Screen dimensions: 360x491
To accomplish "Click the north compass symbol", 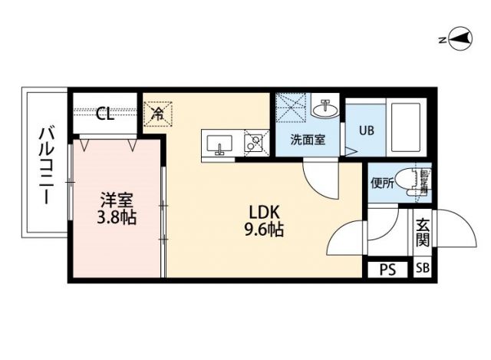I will pos(459,38).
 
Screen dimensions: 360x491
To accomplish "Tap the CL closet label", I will pos(105,114).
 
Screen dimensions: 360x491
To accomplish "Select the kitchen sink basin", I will pos(221,144).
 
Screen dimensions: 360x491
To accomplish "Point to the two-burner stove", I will pos(254,143).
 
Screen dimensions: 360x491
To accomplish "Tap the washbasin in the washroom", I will pos(326,108).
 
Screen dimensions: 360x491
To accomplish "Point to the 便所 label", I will pos(382,183).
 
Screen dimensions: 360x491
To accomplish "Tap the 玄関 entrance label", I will pos(423,233).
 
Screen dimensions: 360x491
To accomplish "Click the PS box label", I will pos(388,269).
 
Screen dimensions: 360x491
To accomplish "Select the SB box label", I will pos(423,269).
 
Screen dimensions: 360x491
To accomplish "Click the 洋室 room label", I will pos(117,200).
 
